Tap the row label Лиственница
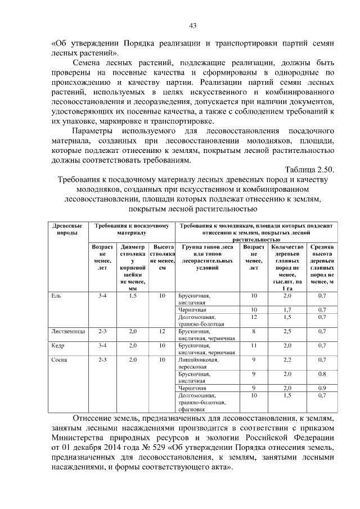[68, 332]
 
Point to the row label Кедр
[57, 345]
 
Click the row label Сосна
[59, 359]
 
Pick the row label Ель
[55, 295]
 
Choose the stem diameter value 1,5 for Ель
[133, 295]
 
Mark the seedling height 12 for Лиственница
[163, 332]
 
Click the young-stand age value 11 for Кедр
[254, 345]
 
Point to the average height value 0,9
[322, 388]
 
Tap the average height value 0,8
[322, 373]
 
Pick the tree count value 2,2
[287, 359]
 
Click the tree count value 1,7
[287, 310]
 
